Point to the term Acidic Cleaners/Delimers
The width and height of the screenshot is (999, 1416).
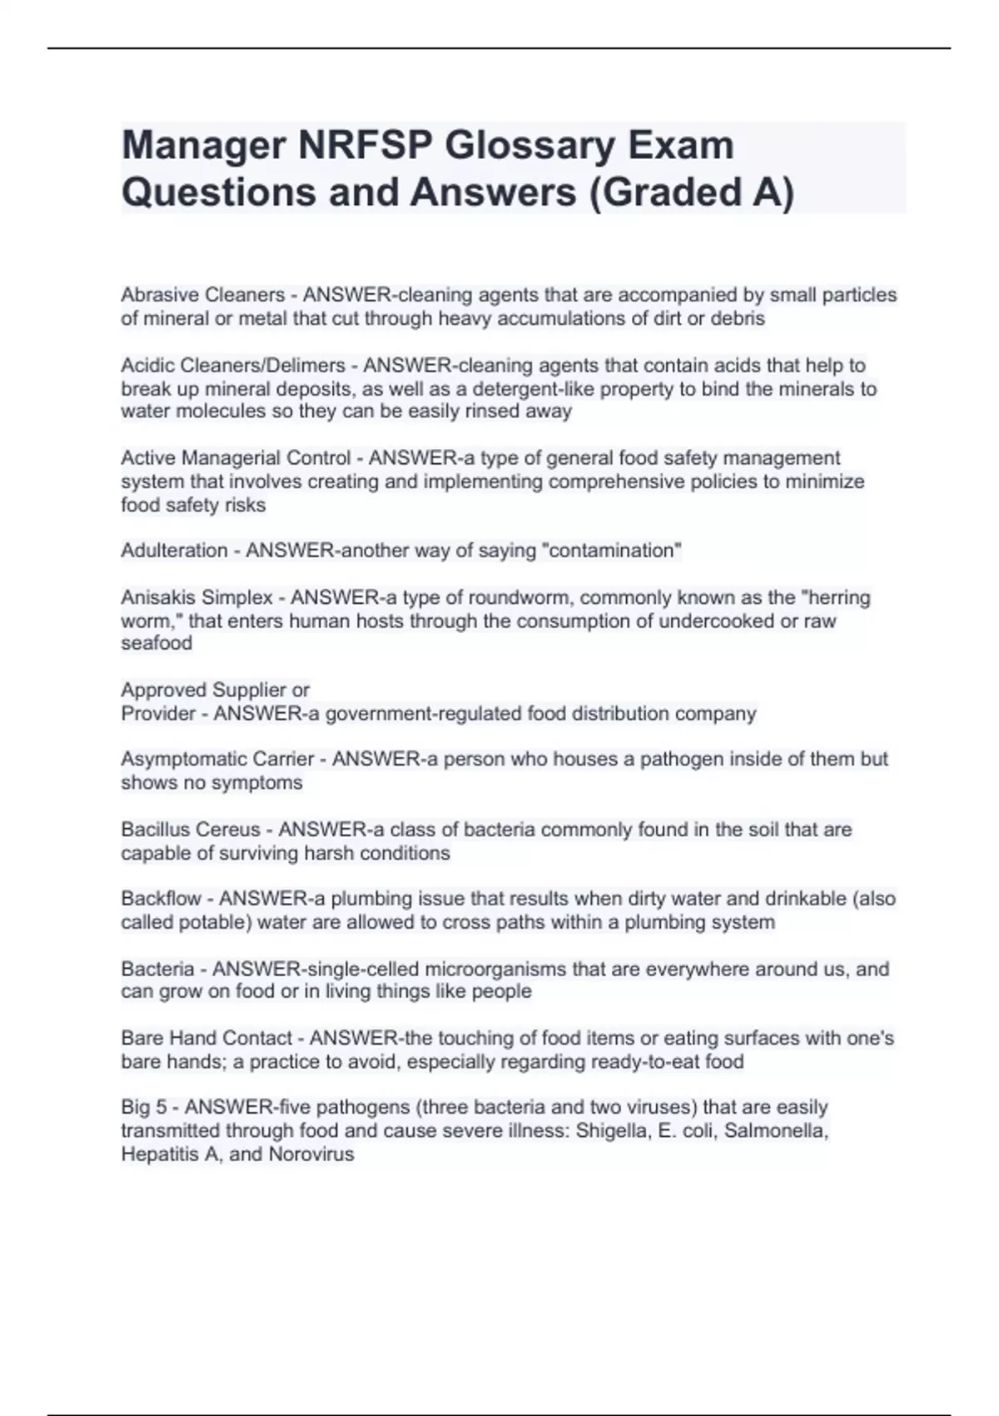click(x=232, y=366)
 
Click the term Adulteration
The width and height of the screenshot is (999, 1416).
click(x=174, y=551)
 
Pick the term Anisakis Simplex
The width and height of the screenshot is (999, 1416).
click(x=196, y=597)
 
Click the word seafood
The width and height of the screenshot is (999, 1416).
click(x=157, y=643)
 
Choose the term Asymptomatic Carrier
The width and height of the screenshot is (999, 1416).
click(x=217, y=759)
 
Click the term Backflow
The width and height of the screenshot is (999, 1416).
click(x=161, y=899)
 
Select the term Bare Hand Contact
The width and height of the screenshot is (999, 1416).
click(x=206, y=1038)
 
